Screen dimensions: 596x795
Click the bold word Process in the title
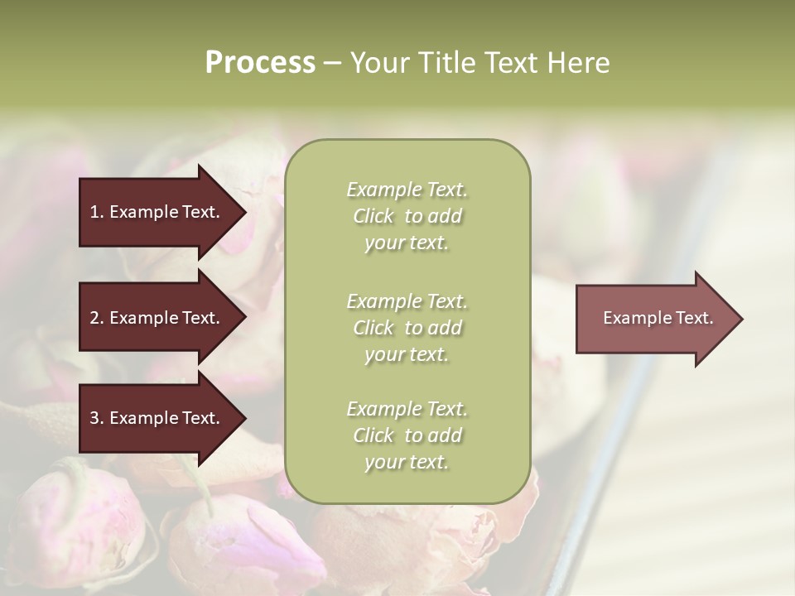coord(260,63)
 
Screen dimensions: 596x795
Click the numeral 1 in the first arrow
coord(94,212)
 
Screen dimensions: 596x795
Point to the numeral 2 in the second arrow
coord(94,318)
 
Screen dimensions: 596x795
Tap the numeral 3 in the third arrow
coord(94,419)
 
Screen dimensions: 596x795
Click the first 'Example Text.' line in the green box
coord(407,190)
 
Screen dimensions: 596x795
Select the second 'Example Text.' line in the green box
coord(407,301)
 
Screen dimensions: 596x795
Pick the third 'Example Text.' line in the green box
coord(407,409)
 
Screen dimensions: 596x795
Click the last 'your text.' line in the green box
coord(407,463)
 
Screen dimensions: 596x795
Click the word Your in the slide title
coord(378,63)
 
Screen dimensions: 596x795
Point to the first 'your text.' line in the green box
coord(407,243)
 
